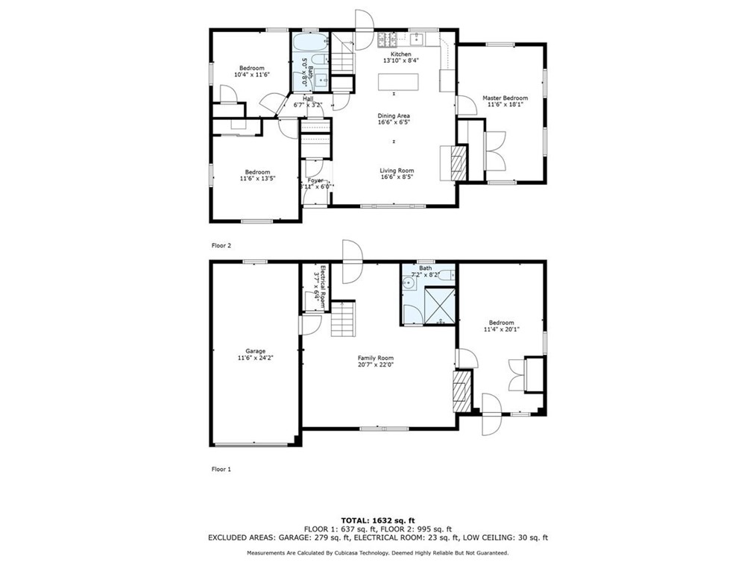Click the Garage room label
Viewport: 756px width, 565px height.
(256, 351)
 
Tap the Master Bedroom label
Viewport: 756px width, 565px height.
(505, 98)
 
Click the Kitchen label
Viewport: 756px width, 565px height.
(397, 54)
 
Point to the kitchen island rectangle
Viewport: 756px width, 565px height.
(398, 81)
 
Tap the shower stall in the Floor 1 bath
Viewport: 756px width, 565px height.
(439, 305)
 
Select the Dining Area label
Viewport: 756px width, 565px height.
(394, 116)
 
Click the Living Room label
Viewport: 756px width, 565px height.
(397, 171)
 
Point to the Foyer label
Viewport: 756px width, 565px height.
(315, 180)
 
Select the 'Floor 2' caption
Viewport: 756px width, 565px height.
(221, 244)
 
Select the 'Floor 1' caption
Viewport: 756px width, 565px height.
(221, 470)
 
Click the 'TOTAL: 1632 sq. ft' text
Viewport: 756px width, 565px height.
(378, 520)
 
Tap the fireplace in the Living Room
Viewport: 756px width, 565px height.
(458, 162)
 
